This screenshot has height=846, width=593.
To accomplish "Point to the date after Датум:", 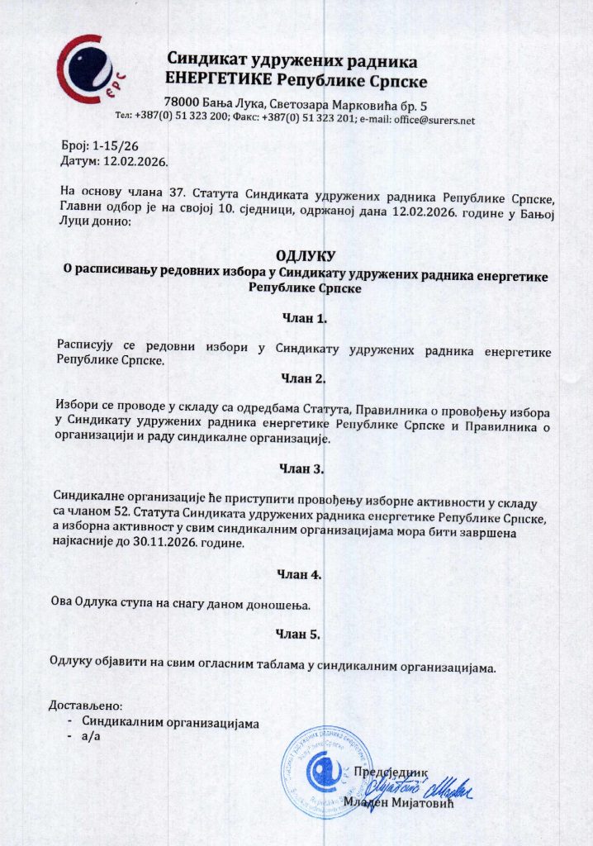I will pyautogui.click(x=133, y=159).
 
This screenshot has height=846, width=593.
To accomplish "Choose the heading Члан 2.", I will pyautogui.click(x=304, y=379).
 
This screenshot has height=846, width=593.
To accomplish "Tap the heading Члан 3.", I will pyautogui.click(x=303, y=469).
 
